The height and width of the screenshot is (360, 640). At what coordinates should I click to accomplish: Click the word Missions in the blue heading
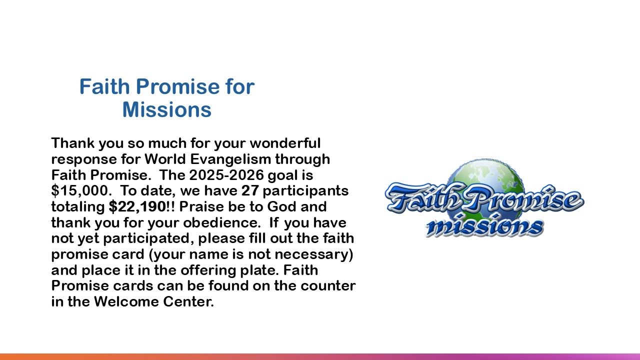pos(167,109)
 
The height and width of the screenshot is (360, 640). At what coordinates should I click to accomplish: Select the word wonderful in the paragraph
pos(285,143)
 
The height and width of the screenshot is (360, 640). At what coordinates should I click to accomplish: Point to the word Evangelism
pos(230,159)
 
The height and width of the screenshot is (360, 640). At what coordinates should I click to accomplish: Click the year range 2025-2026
pos(226,175)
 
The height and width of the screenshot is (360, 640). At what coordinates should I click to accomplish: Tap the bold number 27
pos(250,191)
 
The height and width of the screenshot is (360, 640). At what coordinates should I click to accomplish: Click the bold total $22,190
pos(137,207)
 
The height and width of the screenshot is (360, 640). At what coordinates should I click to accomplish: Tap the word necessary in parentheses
pos(311,254)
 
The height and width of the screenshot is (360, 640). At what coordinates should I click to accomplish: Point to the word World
pos(165,159)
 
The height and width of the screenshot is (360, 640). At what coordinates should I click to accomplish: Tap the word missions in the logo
pos(484,226)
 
